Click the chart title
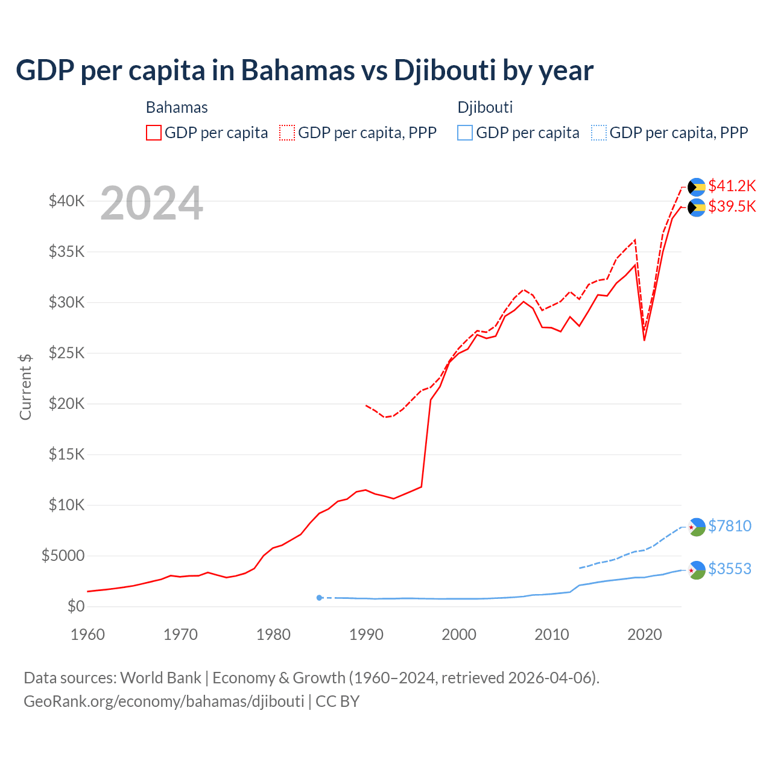click(x=305, y=71)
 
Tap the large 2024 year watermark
click(x=151, y=204)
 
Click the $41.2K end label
click(x=732, y=186)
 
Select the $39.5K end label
click(x=732, y=207)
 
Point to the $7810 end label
click(x=729, y=526)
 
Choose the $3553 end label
click(x=729, y=569)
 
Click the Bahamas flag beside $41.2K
click(x=697, y=187)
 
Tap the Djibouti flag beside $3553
click(x=697, y=570)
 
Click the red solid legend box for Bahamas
click(x=154, y=133)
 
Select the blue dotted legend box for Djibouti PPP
click(x=599, y=133)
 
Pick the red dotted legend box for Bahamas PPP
click(x=287, y=133)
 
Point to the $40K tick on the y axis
click(x=66, y=201)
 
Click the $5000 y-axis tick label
click(x=63, y=555)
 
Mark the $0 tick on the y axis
click(x=75, y=606)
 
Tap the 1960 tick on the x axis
click(x=88, y=634)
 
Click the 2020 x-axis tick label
click(x=645, y=634)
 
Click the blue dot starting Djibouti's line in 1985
click(x=319, y=598)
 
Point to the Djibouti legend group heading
click(x=485, y=107)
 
